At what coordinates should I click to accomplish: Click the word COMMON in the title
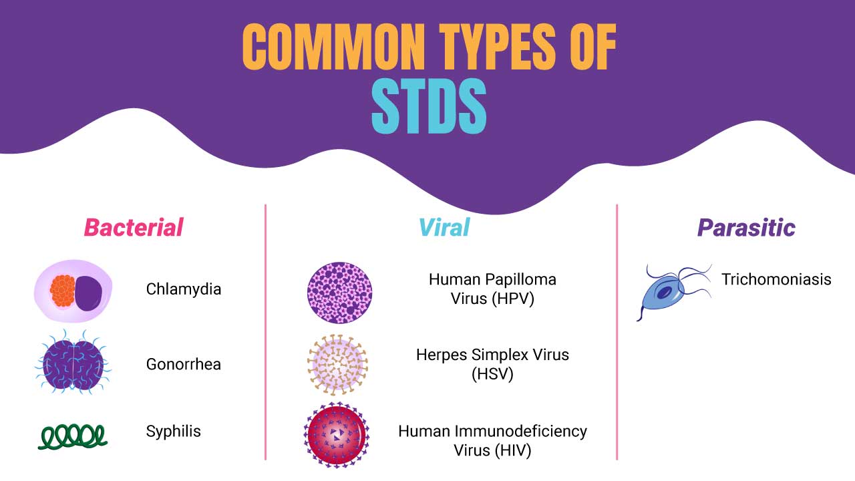pyautogui.click(x=333, y=47)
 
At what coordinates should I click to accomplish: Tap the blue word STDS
pyautogui.click(x=429, y=106)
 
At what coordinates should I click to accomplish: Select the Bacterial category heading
pyautogui.click(x=134, y=228)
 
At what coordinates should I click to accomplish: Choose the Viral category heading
pyautogui.click(x=444, y=228)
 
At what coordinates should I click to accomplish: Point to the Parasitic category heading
pyautogui.click(x=746, y=228)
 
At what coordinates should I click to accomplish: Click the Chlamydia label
pyautogui.click(x=184, y=289)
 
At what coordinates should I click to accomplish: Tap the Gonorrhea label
pyautogui.click(x=184, y=364)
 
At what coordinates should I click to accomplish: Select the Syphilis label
pyautogui.click(x=173, y=432)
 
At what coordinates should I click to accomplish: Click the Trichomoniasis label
pyautogui.click(x=776, y=279)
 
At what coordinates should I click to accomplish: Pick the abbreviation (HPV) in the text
pyautogui.click(x=513, y=299)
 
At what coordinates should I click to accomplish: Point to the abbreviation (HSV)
pyautogui.click(x=492, y=373)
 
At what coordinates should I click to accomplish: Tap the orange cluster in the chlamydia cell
pyautogui.click(x=62, y=291)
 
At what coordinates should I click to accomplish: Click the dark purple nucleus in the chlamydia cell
pyautogui.click(x=89, y=293)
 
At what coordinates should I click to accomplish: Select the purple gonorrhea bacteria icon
pyautogui.click(x=73, y=363)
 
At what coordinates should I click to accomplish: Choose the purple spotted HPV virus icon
pyautogui.click(x=340, y=293)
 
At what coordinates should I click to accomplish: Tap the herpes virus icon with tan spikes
pyautogui.click(x=337, y=365)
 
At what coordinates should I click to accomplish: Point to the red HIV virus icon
pyautogui.click(x=337, y=435)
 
